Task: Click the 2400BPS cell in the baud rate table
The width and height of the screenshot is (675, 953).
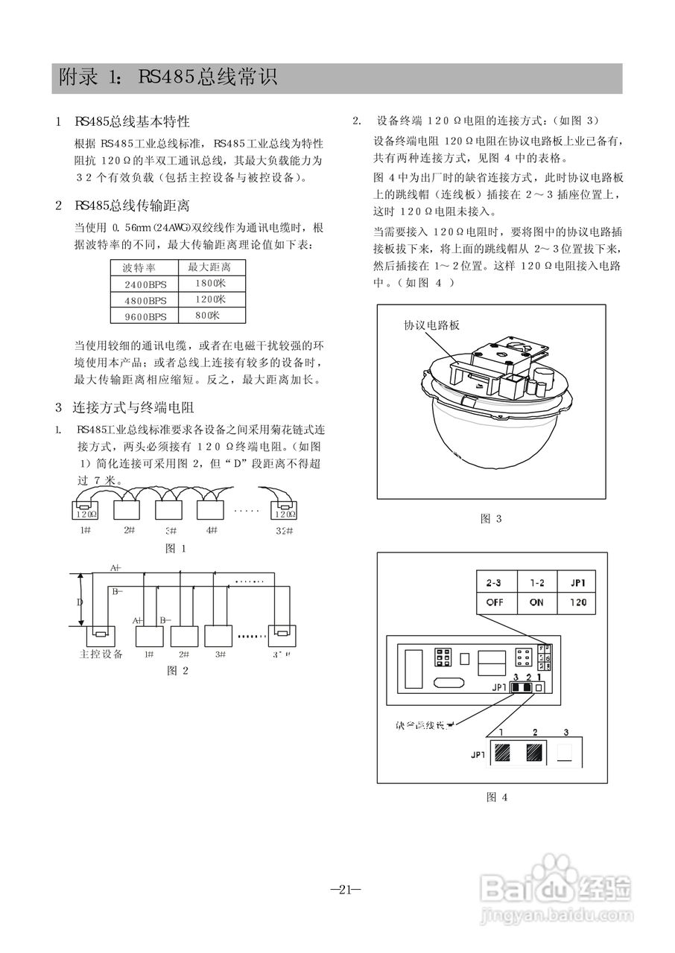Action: [145, 284]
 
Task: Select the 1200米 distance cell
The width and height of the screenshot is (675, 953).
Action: [211, 299]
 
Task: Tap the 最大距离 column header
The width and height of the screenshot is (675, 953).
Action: [209, 267]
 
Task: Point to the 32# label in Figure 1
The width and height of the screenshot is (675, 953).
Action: [284, 530]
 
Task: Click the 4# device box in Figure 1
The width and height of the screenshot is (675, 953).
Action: [211, 511]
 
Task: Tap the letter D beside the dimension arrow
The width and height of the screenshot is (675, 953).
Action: [81, 601]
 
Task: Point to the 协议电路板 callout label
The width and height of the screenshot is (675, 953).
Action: [432, 325]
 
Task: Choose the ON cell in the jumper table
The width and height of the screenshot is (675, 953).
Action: [536, 602]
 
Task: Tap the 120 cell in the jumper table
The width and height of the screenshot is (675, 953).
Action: [576, 602]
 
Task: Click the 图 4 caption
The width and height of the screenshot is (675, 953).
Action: [497, 797]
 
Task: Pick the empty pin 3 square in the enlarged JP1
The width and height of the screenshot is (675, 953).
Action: [566, 753]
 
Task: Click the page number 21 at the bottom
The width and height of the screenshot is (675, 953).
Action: [344, 889]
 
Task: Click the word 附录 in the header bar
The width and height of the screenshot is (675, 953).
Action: [78, 77]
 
